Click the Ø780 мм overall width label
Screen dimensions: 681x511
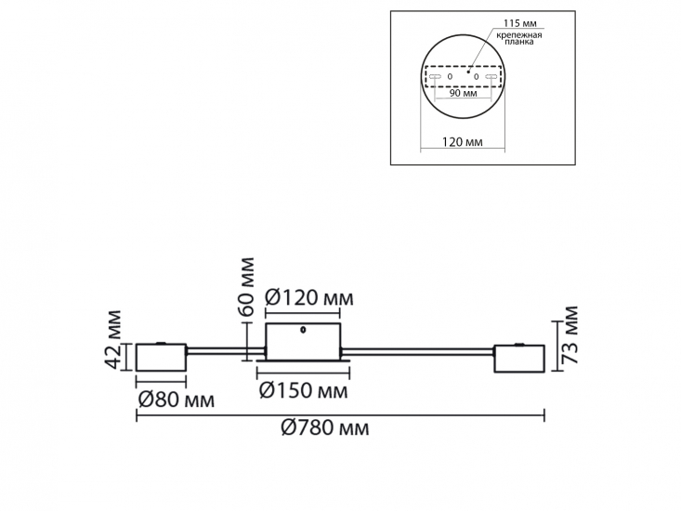[325, 428]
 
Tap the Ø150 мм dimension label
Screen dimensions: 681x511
[303, 391]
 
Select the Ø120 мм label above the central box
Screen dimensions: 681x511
[308, 298]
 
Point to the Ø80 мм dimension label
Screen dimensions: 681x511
[176, 400]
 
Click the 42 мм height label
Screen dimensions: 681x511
[113, 339]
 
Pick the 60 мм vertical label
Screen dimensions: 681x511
[246, 286]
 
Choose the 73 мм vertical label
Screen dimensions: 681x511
[570, 335]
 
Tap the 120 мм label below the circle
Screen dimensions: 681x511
[462, 142]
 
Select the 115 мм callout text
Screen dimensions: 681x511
[520, 23]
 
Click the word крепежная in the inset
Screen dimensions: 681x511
[519, 35]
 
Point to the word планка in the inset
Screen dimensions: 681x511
[519, 42]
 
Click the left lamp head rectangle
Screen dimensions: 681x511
[161, 358]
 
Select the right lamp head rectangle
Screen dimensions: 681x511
[519, 359]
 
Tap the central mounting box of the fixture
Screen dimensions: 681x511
[303, 342]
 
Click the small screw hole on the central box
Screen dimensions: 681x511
[303, 330]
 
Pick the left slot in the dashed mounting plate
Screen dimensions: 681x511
[435, 76]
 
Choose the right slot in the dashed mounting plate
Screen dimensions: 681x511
[491, 76]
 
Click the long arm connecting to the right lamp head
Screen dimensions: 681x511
[418, 351]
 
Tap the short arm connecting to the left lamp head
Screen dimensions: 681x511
[226, 350]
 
